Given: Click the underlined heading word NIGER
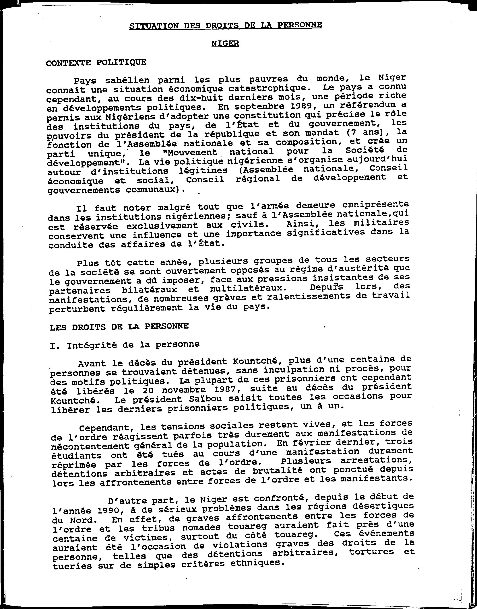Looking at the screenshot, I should (225, 44).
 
